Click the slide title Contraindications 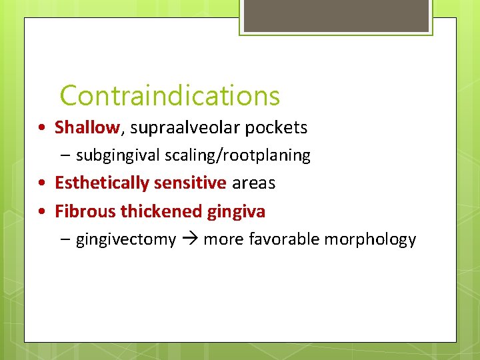[169, 96]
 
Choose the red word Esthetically [103, 183]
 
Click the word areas [253, 183]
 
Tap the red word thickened [160, 211]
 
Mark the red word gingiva [236, 212]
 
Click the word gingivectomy [126, 240]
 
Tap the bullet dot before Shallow [42, 127]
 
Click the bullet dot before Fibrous [42, 212]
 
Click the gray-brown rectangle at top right [335, 15]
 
